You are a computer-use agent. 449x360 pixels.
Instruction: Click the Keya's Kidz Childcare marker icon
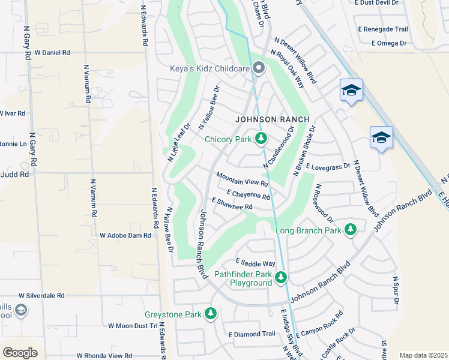coord(259,68)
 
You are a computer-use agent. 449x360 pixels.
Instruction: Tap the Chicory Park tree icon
coord(261,139)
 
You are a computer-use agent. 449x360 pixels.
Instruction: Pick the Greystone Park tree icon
coord(210,314)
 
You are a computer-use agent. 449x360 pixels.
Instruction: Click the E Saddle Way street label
coord(255,263)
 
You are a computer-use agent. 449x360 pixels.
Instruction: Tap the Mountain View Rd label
coord(242,178)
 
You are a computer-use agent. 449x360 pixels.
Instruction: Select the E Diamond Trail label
coord(252,334)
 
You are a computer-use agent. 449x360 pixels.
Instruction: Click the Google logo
coord(20,352)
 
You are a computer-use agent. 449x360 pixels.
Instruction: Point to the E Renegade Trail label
coord(382,29)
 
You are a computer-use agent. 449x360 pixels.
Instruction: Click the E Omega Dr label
coord(389,43)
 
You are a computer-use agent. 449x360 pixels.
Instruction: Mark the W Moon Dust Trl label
coord(132,326)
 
